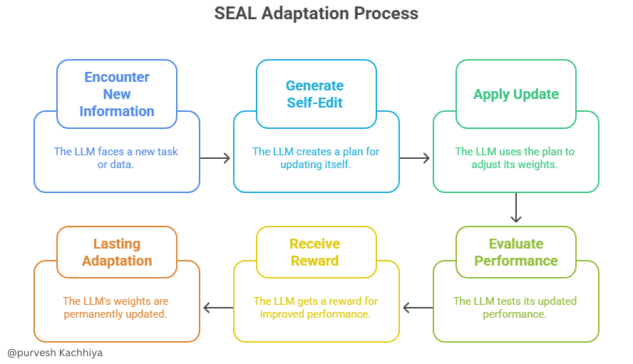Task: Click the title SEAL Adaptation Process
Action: pyautogui.click(x=316, y=14)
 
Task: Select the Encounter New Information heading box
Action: pyautogui.click(x=116, y=94)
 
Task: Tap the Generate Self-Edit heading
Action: pyautogui.click(x=315, y=94)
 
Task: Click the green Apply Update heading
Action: pyautogui.click(x=515, y=94)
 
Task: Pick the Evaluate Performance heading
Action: pyautogui.click(x=515, y=252)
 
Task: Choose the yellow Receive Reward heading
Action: pyautogui.click(x=315, y=252)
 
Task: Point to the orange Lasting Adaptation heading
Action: pyautogui.click(x=116, y=252)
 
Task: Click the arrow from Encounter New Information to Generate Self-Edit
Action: pyautogui.click(x=215, y=158)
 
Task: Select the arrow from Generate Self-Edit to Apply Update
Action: pyautogui.click(x=415, y=158)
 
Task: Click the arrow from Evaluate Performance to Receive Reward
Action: pyautogui.click(x=417, y=308)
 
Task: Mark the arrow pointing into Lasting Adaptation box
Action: pyautogui.click(x=217, y=308)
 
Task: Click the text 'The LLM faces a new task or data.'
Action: pyautogui.click(x=116, y=158)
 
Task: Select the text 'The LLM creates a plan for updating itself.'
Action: pyautogui.click(x=316, y=158)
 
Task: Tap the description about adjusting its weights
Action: pyautogui.click(x=515, y=158)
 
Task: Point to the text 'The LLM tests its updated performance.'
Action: pyautogui.click(x=515, y=308)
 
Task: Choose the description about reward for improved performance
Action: pyautogui.click(x=316, y=308)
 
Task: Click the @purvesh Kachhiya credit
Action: pyautogui.click(x=55, y=353)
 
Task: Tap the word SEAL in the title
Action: pyautogui.click(x=233, y=14)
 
